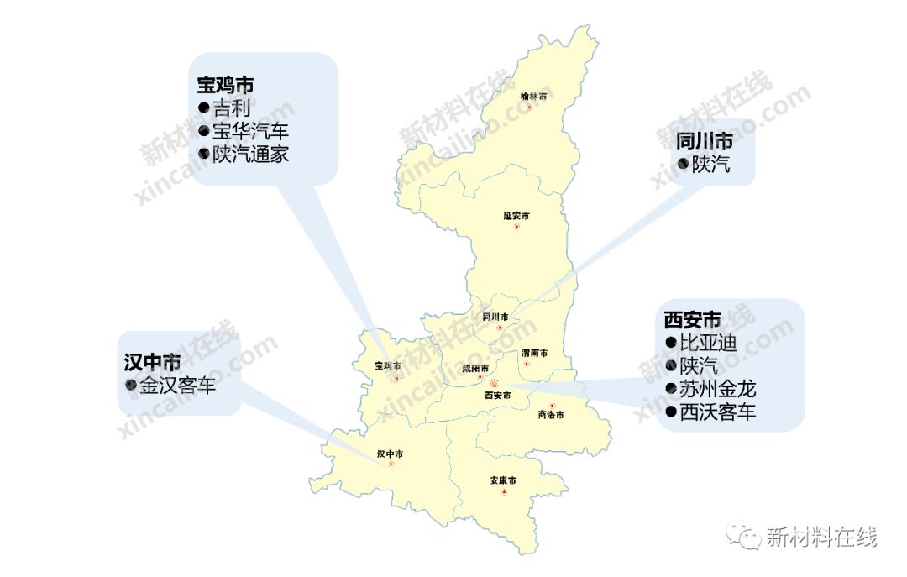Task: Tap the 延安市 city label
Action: (x=516, y=216)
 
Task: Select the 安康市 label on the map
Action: (x=503, y=480)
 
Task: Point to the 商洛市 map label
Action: (x=550, y=415)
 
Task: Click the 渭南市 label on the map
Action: (x=534, y=353)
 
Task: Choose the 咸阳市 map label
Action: (x=475, y=368)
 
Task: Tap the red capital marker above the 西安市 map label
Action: (x=494, y=383)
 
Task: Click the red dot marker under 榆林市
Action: (x=529, y=108)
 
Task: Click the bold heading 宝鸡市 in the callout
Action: (x=226, y=86)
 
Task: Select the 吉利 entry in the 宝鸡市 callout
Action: (x=230, y=108)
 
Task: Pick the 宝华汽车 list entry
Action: (x=249, y=131)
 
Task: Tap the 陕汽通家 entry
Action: (x=249, y=154)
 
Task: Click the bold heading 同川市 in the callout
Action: (x=704, y=140)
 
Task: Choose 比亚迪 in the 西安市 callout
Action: (x=707, y=343)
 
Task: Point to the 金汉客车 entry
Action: (x=177, y=386)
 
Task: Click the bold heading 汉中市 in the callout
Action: (x=152, y=362)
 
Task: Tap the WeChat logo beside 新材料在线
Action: (x=743, y=535)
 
